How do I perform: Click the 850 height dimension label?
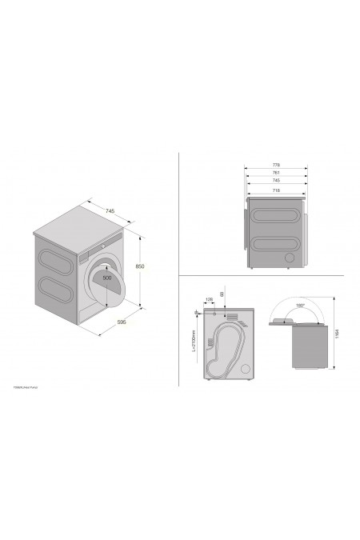click(141, 266)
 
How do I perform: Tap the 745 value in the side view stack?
click(275, 181)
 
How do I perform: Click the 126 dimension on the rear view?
click(210, 300)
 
